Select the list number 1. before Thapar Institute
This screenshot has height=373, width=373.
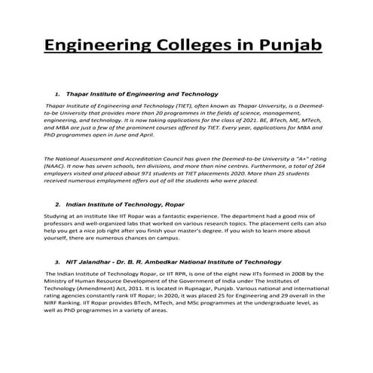coord(58,94)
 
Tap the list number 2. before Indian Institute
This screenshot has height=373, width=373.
coord(58,204)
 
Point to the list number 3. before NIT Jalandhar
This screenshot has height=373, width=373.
coord(58,261)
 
